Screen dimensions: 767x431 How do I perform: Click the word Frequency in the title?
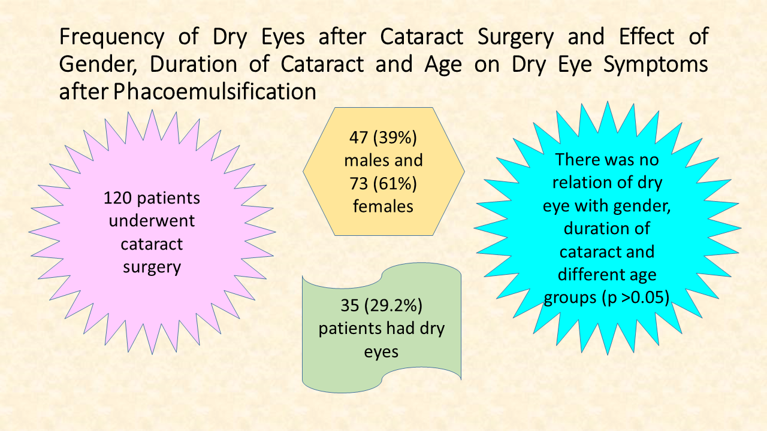[x=111, y=37]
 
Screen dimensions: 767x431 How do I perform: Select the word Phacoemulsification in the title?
[x=215, y=92]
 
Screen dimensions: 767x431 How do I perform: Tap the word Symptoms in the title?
[x=656, y=65]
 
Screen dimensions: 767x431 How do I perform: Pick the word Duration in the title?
[x=193, y=64]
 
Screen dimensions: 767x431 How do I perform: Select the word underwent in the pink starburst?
[x=152, y=221]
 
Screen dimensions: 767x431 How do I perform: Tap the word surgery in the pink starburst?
[x=152, y=268]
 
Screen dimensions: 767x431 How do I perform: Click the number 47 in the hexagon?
[x=358, y=138]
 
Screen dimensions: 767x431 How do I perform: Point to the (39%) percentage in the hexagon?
[x=395, y=138]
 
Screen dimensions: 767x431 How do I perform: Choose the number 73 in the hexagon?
[x=358, y=184]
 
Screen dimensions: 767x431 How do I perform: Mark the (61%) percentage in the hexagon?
[x=395, y=184]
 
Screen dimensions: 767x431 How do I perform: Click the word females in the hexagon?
[x=383, y=207]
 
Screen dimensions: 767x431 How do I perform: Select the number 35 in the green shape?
[x=350, y=305]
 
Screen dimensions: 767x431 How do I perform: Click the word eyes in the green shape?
[x=381, y=352]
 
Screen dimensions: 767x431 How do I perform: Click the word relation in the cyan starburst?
[x=581, y=183]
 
